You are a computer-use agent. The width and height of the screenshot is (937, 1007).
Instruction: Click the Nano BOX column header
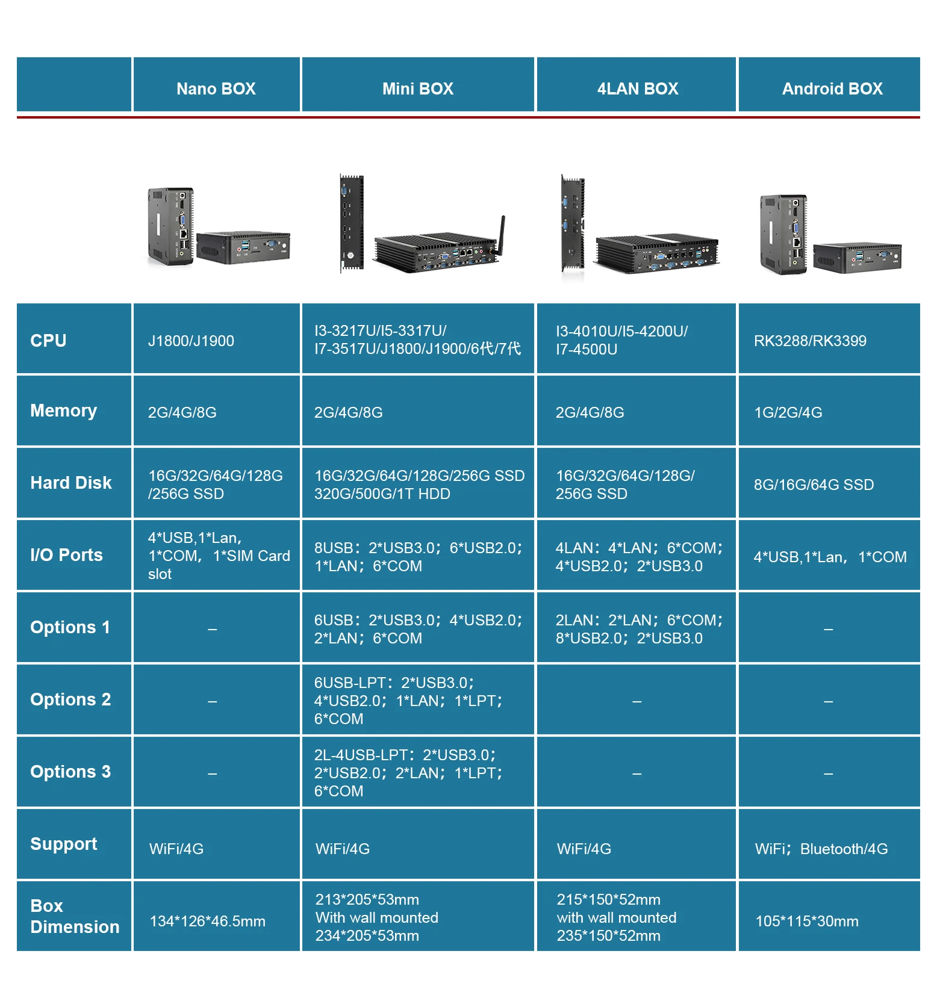[216, 88]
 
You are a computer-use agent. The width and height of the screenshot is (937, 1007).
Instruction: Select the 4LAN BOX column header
[637, 88]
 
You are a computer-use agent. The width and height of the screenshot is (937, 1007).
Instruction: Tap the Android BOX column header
[832, 88]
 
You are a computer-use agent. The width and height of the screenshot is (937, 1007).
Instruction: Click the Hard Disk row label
[71, 483]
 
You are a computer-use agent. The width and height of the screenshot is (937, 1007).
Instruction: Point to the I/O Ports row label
[66, 555]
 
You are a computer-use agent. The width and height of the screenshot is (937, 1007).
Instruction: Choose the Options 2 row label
[70, 699]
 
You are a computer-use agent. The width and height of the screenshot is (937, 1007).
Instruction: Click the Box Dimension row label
[75, 916]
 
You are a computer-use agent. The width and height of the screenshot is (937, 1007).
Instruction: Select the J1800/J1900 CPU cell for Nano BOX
[191, 341]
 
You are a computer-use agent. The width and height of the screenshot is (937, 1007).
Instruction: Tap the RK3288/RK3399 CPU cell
[810, 341]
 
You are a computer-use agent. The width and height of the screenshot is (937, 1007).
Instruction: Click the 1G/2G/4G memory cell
[788, 412]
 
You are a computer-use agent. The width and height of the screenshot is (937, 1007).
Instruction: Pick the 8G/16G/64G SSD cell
[814, 485]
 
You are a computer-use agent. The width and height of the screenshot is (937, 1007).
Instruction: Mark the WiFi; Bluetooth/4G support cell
[821, 849]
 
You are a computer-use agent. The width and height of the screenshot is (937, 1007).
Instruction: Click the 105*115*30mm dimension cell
[807, 921]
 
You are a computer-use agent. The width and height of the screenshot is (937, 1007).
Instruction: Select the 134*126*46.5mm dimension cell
[207, 921]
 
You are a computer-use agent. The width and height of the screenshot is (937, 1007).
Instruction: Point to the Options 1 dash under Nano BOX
[212, 629]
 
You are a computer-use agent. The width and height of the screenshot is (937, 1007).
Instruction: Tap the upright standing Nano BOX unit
[170, 226]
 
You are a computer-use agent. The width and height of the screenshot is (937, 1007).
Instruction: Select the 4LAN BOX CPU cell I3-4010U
[621, 340]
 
